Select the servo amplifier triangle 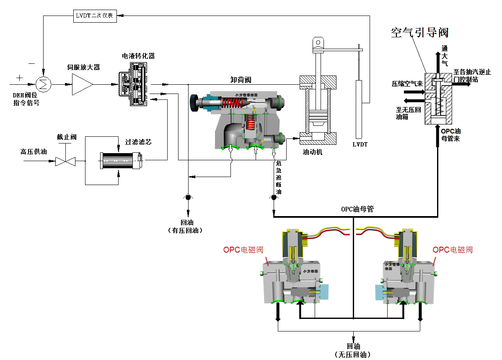pyautogui.click(x=81, y=84)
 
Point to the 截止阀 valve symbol pyautogui.click(x=65, y=160)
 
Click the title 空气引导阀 pyautogui.click(x=420, y=33)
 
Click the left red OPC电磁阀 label pyautogui.click(x=243, y=250)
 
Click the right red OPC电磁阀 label pyautogui.click(x=453, y=250)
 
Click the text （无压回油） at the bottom pyautogui.click(x=353, y=355)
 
